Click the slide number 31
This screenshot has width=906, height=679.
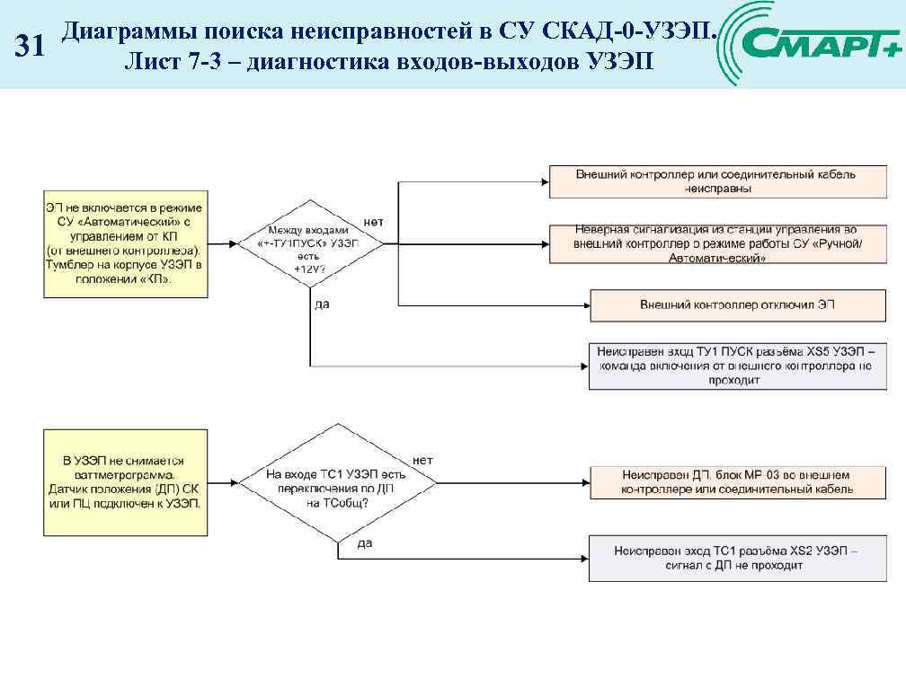click(31, 46)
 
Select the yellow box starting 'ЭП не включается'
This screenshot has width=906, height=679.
click(126, 243)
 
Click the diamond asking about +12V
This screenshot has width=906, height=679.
click(309, 243)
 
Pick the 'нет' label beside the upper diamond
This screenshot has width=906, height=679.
click(375, 221)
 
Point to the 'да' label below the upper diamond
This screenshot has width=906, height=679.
click(322, 304)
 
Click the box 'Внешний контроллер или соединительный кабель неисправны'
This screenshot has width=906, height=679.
click(715, 181)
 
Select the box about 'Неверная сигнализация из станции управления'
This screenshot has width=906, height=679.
click(715, 243)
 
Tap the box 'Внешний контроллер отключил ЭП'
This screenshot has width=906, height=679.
click(737, 305)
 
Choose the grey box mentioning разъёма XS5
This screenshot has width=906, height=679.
click(737, 366)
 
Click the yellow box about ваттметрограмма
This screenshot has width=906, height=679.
click(126, 482)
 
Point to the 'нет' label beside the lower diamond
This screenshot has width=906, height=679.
click(422, 460)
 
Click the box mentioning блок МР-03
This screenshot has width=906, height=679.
click(737, 482)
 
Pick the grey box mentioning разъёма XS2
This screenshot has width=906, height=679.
click(737, 559)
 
